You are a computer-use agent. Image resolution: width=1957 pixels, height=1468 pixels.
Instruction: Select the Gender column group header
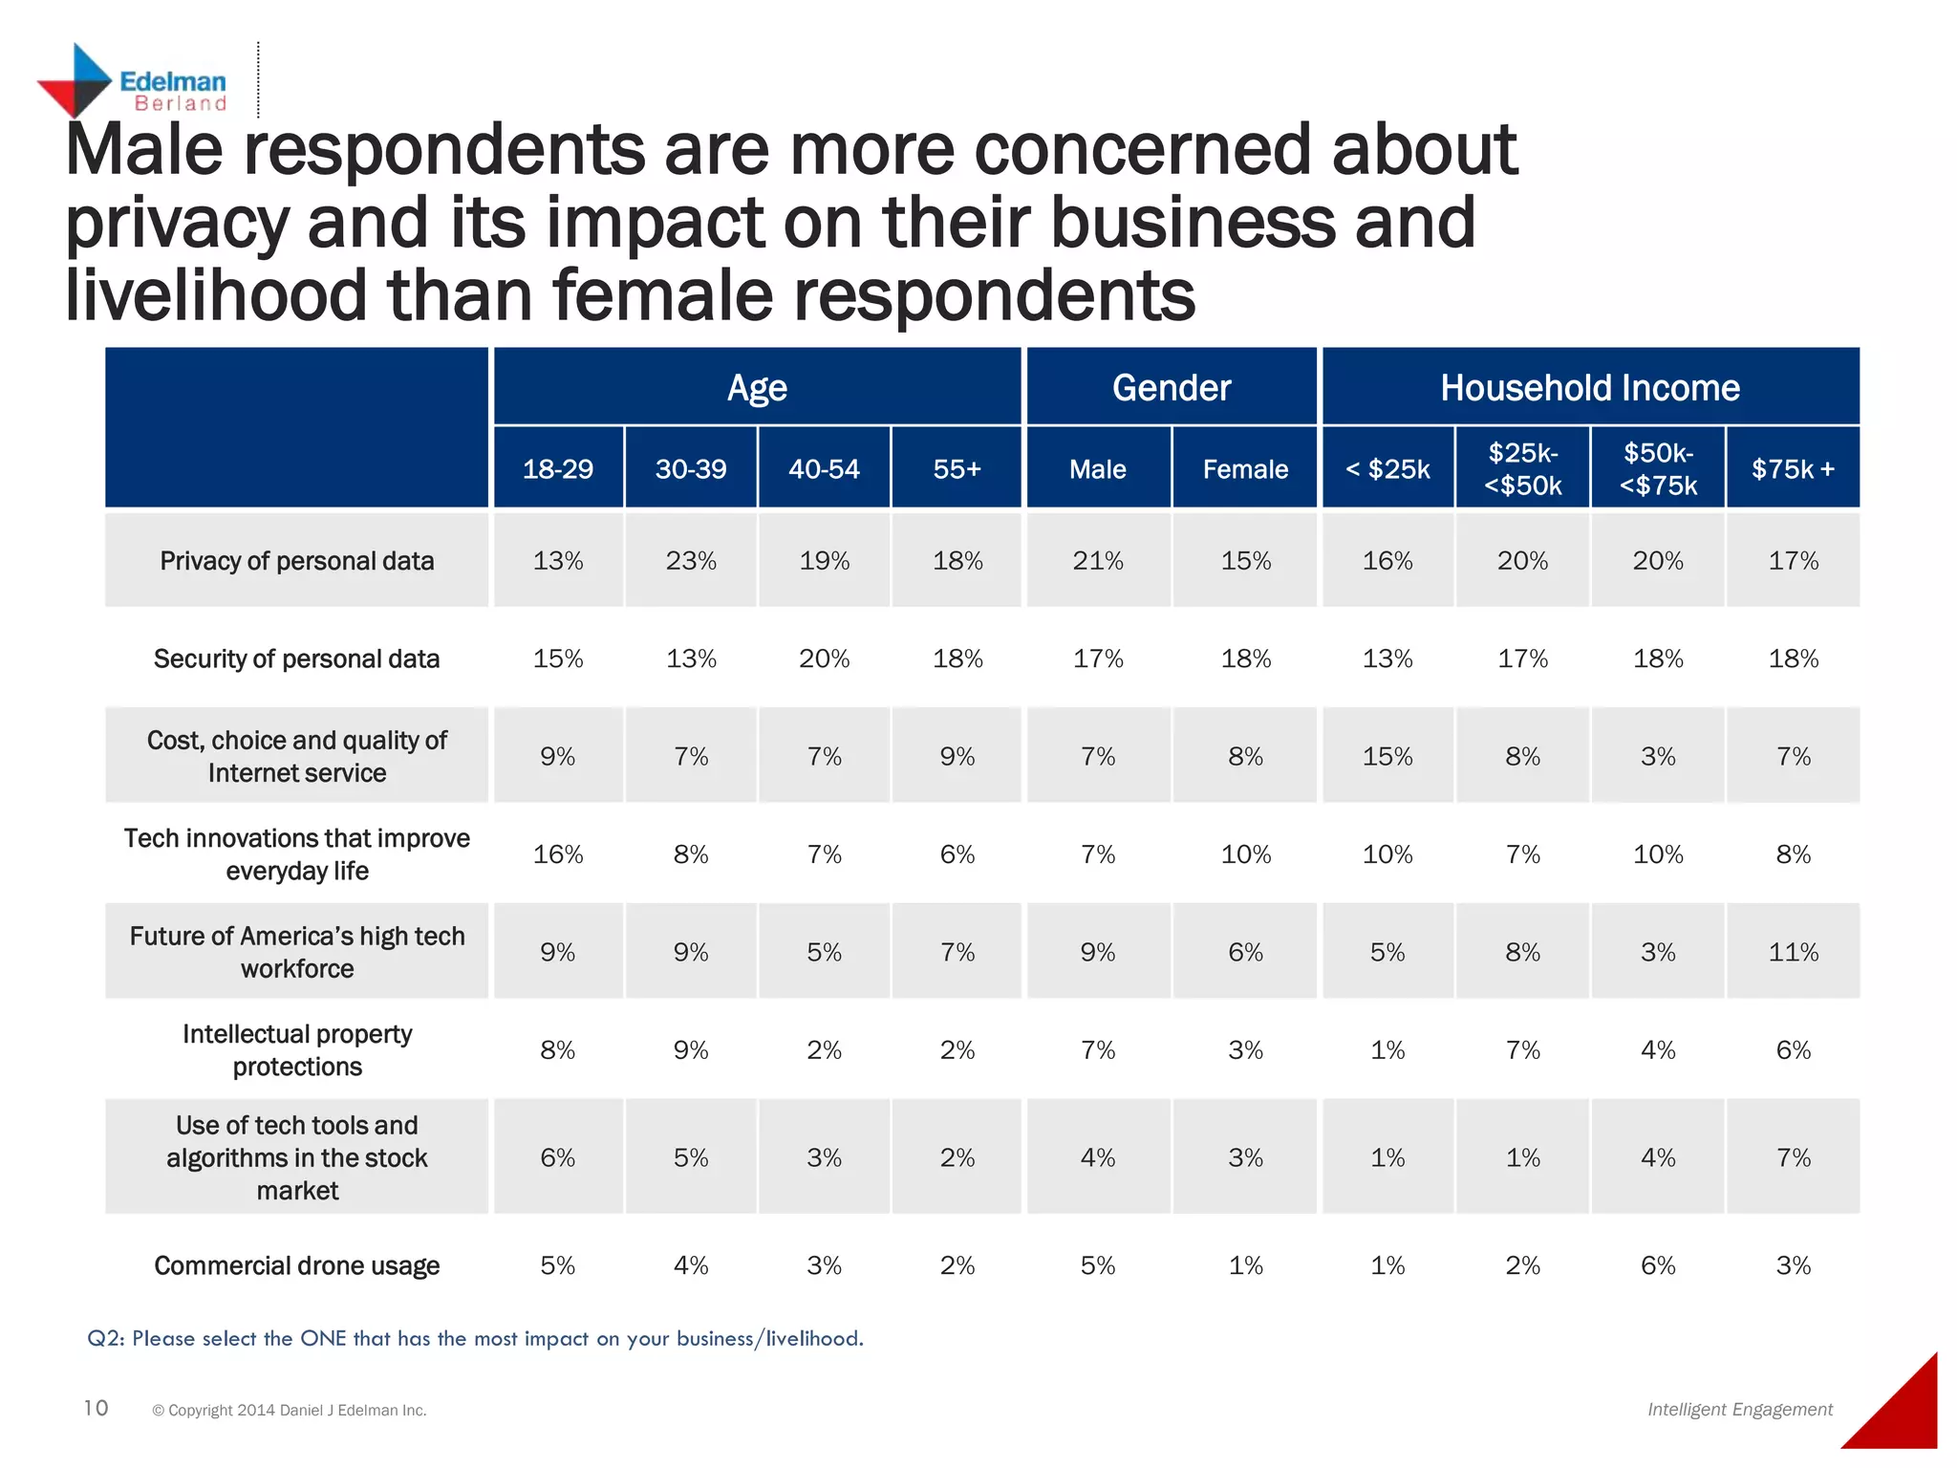[1171, 388]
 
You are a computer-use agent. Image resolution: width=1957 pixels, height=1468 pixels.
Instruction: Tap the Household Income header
[1589, 388]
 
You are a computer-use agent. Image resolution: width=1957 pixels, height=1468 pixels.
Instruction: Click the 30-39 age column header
[691, 469]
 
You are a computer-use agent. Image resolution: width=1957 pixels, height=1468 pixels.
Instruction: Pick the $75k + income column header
[1793, 469]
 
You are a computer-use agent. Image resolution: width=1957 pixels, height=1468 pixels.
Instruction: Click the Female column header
[1245, 469]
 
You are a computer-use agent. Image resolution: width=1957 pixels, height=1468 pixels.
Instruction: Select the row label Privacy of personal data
[296, 561]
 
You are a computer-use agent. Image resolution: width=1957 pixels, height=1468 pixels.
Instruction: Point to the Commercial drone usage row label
[296, 1265]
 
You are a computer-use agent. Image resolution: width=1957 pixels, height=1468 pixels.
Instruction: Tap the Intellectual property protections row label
[296, 1049]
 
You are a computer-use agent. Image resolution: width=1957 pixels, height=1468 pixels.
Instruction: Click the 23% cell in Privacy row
[691, 561]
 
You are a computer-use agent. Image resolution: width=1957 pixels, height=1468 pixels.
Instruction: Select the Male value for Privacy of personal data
[1098, 561]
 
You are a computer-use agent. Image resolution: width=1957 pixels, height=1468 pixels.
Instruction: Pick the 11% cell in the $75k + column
[1793, 952]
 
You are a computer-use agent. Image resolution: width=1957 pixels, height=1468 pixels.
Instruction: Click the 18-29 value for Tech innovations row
[558, 854]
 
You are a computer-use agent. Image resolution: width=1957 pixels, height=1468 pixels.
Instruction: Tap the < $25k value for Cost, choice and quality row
[1387, 757]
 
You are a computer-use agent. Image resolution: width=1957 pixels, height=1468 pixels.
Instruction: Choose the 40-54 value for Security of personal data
[824, 658]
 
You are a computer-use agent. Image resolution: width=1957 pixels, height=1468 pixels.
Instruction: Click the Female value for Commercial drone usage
[1245, 1265]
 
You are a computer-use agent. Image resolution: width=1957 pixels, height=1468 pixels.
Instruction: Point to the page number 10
[96, 1408]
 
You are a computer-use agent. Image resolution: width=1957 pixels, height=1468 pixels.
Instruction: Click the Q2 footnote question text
[475, 1338]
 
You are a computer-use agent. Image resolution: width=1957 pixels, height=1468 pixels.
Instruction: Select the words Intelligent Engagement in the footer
[1739, 1410]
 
